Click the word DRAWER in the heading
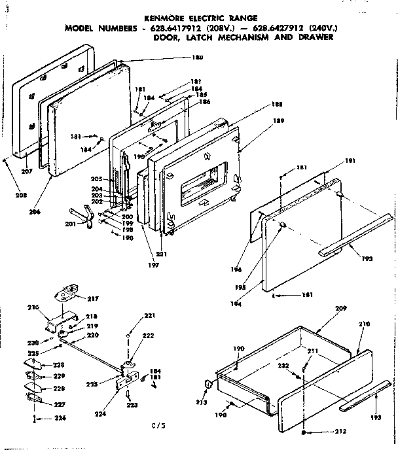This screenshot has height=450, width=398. pos(315,37)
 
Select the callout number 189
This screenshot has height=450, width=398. pos(278,120)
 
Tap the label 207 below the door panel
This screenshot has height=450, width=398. pos(26,171)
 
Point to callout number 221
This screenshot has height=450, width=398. pos(151,316)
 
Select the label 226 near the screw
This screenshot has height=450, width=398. pos(41,419)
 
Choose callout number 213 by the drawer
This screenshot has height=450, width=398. pos(202,402)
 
